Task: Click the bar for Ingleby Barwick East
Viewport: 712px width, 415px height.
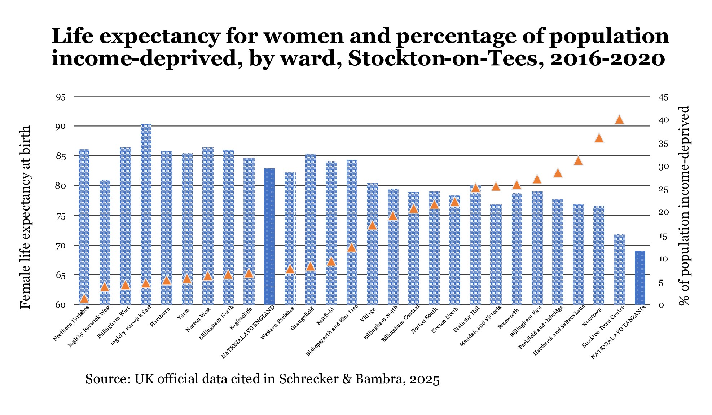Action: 146,213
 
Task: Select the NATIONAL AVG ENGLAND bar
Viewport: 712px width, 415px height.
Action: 269,234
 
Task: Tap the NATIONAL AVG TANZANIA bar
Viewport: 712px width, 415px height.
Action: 640,278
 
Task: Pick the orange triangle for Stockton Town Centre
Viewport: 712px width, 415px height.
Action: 619,120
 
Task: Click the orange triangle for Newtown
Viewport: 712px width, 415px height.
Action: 599,138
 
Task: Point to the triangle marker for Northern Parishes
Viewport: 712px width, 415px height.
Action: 84,299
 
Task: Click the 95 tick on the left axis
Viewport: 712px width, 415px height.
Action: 61,97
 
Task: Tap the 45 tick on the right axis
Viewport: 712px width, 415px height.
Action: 663,97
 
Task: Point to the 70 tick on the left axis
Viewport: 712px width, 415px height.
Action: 61,246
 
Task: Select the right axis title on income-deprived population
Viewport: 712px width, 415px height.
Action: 684,206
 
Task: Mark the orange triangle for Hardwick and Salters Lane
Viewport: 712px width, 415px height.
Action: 578,161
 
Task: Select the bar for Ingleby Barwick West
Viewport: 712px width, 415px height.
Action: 105,242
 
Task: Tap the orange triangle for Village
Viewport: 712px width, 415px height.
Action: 372,226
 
